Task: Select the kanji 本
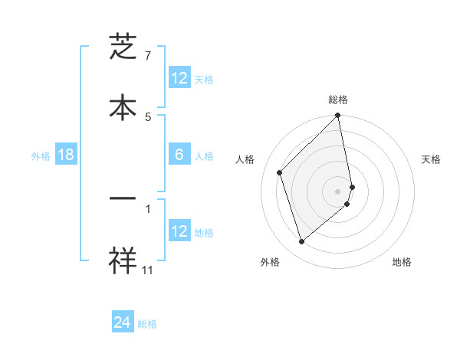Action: point(123,106)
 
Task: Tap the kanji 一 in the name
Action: point(123,198)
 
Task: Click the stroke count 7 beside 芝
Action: point(148,56)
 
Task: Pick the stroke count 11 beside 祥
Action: point(148,270)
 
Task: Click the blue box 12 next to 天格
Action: point(179,78)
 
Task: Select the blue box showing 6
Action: point(179,155)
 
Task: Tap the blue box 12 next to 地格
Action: point(179,231)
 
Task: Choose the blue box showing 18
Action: point(66,155)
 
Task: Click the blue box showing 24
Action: point(123,322)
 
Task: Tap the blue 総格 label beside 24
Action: point(147,324)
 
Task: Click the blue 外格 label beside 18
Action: point(41,156)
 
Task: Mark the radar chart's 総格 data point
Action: point(338,116)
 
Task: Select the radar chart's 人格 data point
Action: point(280,172)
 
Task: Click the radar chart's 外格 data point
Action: point(301,242)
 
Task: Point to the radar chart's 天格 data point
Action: point(353,186)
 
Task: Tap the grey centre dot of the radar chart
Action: point(338,191)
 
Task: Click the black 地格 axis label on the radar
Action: point(402,262)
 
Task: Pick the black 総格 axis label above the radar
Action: point(338,100)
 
